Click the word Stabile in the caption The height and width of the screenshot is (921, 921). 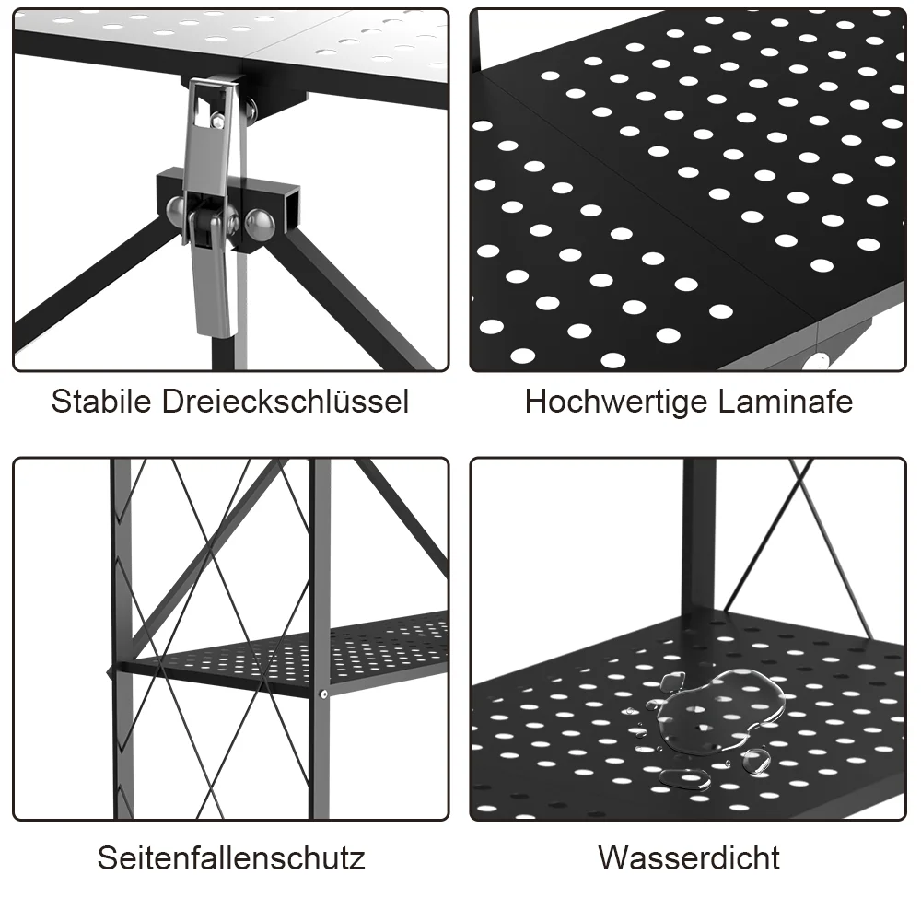pos(101,402)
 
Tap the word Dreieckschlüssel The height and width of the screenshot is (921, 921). pos(285,402)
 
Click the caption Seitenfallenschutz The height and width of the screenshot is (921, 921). pos(231,857)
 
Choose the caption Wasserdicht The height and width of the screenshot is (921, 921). pos(689,857)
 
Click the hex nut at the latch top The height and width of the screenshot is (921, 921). pos(218,121)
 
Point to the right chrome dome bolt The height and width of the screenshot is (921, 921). pos(261,224)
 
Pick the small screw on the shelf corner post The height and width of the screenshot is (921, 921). pos(323,694)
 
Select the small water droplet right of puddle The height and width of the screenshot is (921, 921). pos(756,762)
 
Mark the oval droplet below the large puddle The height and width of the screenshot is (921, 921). pos(684,779)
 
